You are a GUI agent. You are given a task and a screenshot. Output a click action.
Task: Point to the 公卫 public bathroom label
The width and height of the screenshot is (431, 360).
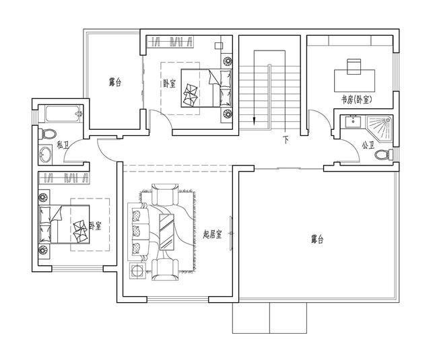pyautogui.click(x=368, y=144)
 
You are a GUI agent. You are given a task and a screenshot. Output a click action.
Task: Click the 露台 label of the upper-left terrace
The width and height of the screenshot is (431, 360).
pyautogui.click(x=115, y=82)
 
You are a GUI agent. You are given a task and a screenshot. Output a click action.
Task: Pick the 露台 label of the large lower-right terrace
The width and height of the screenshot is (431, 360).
pyautogui.click(x=317, y=239)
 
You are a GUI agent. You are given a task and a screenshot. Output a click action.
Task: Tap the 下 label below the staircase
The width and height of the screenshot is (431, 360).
pyautogui.click(x=286, y=141)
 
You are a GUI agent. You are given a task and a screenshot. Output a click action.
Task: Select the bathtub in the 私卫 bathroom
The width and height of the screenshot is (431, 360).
pyautogui.click(x=61, y=113)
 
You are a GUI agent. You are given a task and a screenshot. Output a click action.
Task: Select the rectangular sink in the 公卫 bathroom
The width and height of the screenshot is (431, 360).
pyautogui.click(x=351, y=122)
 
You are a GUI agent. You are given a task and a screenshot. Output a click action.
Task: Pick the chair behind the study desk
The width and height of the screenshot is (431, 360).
pyautogui.click(x=354, y=65)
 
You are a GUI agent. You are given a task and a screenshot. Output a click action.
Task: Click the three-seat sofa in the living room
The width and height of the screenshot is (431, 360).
pyautogui.click(x=139, y=231)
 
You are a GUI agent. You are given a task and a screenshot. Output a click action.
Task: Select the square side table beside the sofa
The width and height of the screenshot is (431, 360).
pyautogui.click(x=137, y=271)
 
